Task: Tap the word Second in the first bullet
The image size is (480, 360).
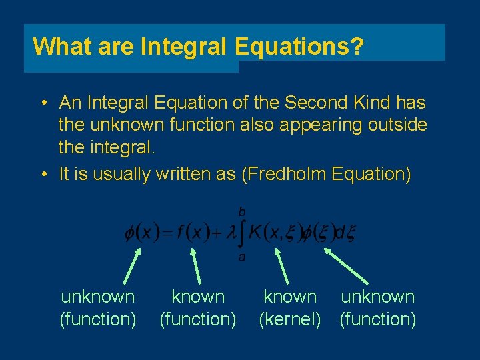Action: coord(315,103)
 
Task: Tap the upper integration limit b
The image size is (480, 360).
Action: coord(241,211)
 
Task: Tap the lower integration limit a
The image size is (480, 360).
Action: coord(241,257)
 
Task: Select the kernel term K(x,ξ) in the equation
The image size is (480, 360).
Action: coord(275,233)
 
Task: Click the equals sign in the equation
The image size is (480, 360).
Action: coord(166,234)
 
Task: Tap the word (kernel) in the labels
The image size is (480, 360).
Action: coord(289,319)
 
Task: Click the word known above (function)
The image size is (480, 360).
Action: coord(198,297)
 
